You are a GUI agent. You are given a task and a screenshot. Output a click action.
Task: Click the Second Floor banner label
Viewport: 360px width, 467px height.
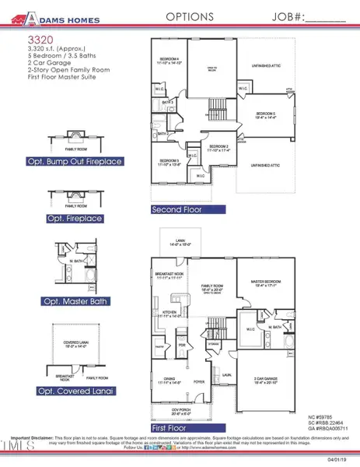point(180,209)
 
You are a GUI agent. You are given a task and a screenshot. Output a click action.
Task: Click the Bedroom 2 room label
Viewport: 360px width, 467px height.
point(221,149)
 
